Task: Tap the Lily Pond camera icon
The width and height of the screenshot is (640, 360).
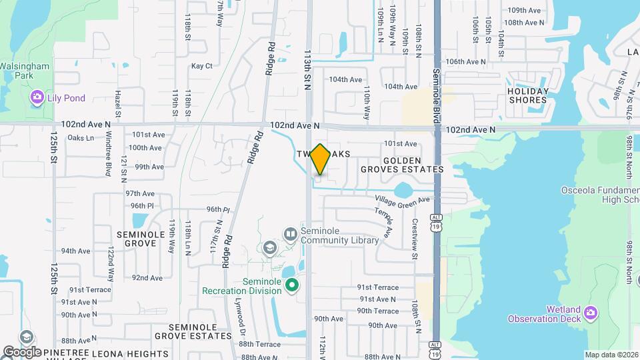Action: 37,98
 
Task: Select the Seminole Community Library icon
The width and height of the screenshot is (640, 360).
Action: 290,234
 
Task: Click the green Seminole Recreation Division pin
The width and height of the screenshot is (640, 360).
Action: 291,286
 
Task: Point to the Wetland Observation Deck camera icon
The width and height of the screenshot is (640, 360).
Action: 591,312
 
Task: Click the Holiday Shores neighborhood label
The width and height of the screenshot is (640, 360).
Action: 528,96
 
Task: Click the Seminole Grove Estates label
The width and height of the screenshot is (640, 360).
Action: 193,331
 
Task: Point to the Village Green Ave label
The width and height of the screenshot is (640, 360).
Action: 402,199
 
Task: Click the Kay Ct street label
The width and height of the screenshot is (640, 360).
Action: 201,66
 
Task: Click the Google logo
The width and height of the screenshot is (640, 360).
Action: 22,351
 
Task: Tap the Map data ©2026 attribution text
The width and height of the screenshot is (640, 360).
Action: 611,355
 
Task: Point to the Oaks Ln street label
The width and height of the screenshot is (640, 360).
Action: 81,138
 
